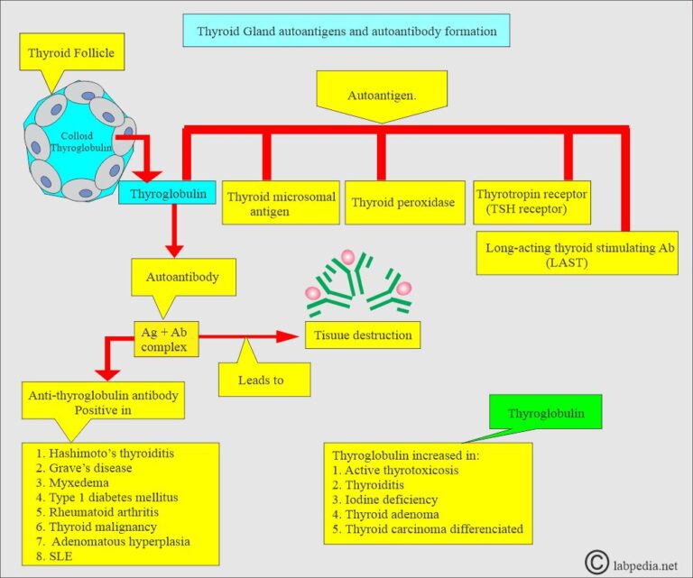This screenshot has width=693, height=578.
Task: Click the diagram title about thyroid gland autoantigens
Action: pyautogui.click(x=346, y=31)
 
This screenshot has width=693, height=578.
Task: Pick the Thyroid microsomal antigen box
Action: pyautogui.click(x=281, y=204)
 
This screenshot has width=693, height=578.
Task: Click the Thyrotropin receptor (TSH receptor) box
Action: pyautogui.click(x=531, y=201)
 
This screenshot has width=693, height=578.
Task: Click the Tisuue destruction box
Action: pyautogui.click(x=363, y=335)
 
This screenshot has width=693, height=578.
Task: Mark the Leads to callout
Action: pyautogui.click(x=263, y=380)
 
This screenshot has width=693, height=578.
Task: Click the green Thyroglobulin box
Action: pyautogui.click(x=545, y=413)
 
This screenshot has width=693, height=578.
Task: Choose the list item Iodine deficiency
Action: pyautogui.click(x=385, y=500)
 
